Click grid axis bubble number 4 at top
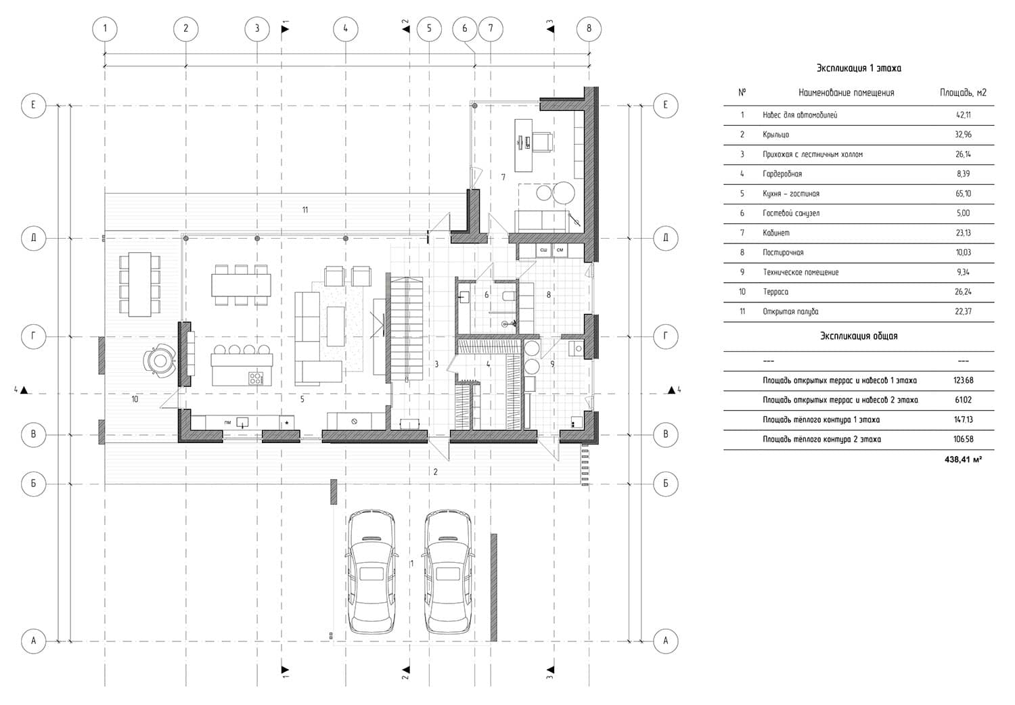pos(345,29)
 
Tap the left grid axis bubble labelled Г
pos(33,336)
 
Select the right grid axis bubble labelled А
pos(665,641)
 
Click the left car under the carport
pos(371,572)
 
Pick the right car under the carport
pos(448,572)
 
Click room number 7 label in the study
pos(503,177)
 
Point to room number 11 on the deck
pos(305,210)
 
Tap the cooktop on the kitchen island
pos(256,378)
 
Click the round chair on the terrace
pos(160,361)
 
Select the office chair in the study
pos(541,142)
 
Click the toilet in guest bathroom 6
pos(508,296)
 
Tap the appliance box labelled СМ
pos(560,250)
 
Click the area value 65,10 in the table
pos(964,194)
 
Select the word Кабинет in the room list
pos(775,233)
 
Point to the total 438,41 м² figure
pos(964,459)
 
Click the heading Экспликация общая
pos(858,336)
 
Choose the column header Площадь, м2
pos(963,93)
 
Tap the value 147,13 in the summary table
pos(964,419)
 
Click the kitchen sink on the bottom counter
pos(242,423)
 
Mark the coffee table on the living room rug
pos(336,326)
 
